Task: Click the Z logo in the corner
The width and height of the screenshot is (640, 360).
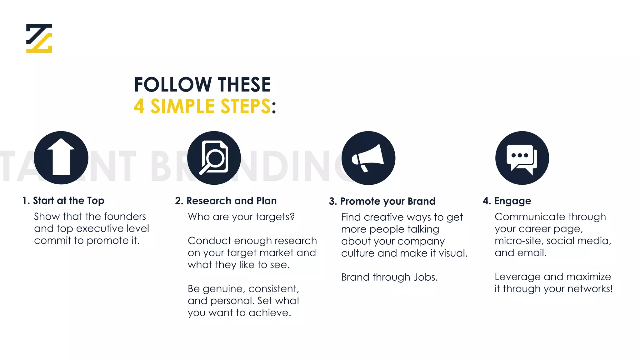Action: (x=39, y=38)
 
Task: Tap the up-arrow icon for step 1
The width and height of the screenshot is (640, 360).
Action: (x=61, y=157)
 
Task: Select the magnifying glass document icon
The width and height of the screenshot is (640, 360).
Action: (x=214, y=157)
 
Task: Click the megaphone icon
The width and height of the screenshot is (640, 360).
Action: (x=368, y=158)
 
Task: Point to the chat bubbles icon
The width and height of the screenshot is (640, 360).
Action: (x=522, y=158)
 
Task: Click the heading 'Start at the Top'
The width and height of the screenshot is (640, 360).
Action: (x=68, y=201)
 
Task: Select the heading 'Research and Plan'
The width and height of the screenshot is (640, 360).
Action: (x=231, y=201)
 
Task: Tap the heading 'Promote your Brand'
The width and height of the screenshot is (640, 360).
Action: (x=387, y=201)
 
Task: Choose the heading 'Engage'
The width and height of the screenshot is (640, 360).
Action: (x=512, y=201)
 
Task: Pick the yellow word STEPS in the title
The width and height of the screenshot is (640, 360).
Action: (x=245, y=106)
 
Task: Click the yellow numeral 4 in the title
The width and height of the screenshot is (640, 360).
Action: (x=139, y=106)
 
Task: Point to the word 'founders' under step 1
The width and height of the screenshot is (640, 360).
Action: (x=126, y=216)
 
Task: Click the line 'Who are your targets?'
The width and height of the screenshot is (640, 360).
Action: (x=241, y=217)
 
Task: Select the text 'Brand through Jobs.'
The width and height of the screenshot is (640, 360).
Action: (x=389, y=277)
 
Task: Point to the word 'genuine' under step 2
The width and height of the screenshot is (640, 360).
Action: (x=222, y=289)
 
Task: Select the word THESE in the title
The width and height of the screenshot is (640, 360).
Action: (x=244, y=85)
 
